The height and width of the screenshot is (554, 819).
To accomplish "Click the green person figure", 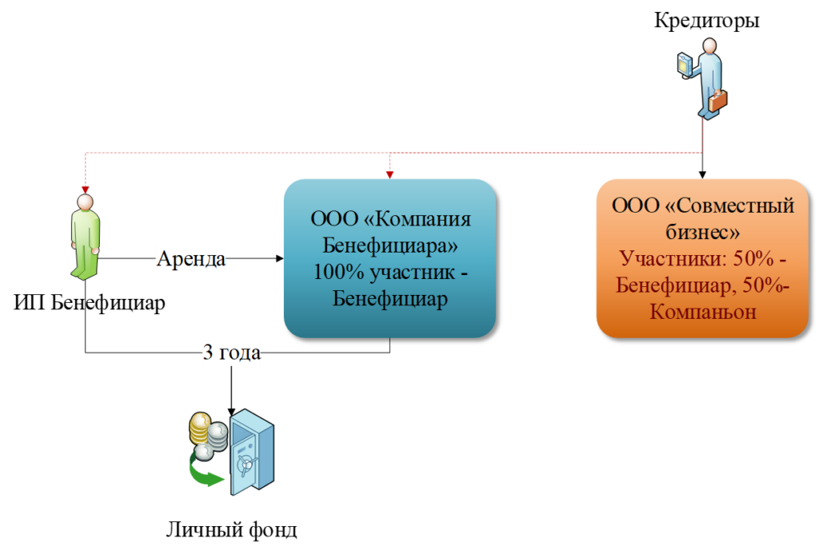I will [85, 237].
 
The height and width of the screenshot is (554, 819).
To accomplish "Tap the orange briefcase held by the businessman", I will [717, 101].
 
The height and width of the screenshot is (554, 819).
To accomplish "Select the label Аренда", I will [191, 259].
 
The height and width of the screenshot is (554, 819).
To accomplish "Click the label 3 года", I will [231, 353].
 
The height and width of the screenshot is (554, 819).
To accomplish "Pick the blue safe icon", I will [251, 452].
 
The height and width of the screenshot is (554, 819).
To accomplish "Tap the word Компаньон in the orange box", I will [702, 311].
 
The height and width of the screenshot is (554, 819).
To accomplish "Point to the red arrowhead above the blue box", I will [390, 172].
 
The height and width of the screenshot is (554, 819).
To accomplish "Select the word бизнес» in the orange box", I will [702, 232].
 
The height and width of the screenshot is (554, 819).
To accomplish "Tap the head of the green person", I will [85, 201].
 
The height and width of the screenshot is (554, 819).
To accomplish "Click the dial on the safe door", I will [248, 461].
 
